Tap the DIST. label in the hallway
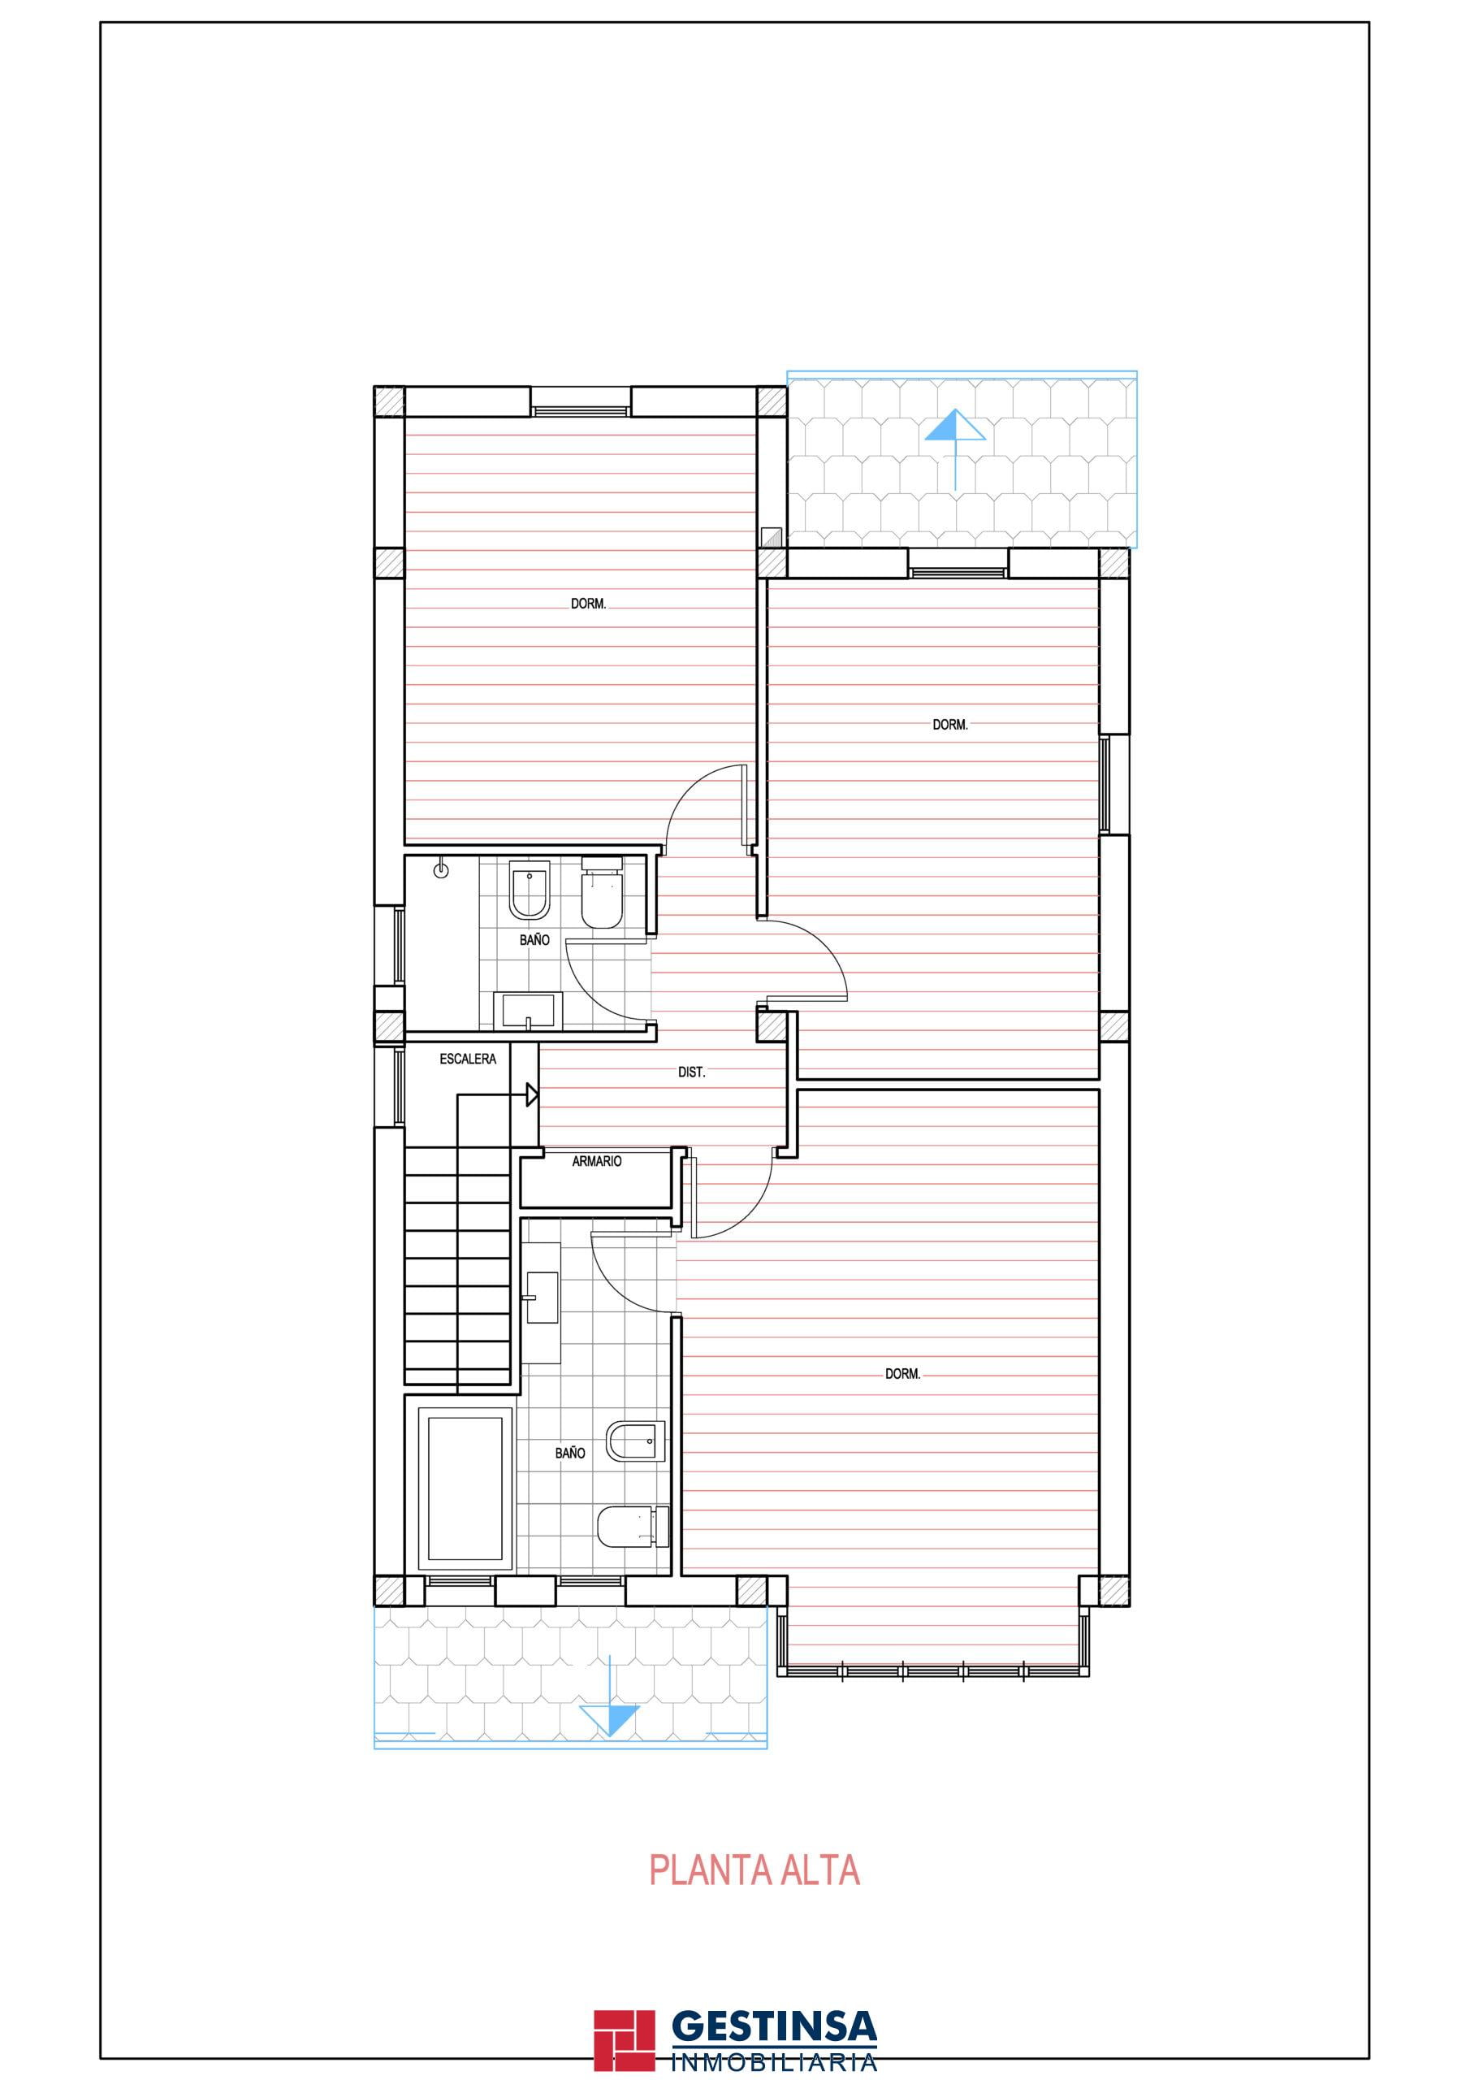(691, 1072)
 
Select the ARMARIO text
(597, 1160)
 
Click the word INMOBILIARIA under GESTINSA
(775, 2035)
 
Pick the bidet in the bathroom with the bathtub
(638, 1441)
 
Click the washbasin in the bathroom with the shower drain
(527, 1011)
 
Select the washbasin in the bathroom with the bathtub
(542, 1298)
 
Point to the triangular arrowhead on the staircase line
(533, 1095)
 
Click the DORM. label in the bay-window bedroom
(902, 1374)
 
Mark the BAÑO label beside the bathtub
(569, 1452)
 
